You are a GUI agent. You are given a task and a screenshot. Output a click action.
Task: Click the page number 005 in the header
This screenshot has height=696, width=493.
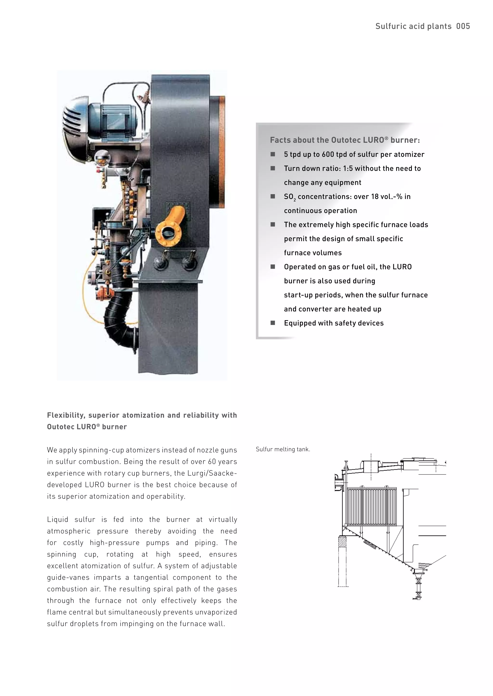(463, 26)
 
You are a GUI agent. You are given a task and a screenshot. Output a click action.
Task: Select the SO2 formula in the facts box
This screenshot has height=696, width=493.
(289, 197)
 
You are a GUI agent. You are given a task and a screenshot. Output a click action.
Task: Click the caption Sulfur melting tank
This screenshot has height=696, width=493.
(283, 449)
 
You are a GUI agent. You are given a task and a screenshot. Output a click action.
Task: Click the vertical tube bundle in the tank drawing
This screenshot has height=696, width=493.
(372, 506)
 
